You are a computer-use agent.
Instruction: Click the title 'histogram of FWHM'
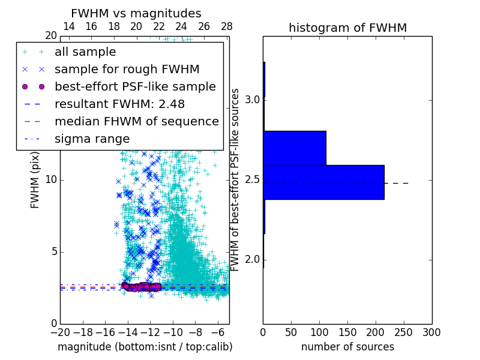347,28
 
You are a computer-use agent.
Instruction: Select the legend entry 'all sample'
85,52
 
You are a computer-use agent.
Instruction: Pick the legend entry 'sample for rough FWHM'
127,70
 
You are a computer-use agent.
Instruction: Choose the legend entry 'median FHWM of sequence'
136,122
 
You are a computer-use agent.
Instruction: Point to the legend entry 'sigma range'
92,139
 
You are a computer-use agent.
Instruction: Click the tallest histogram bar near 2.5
323,182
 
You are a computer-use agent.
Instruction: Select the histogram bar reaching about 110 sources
295,148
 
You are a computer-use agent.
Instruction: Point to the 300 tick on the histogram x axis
431,332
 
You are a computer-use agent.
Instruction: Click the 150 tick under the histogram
347,332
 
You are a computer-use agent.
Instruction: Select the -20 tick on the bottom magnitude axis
60,332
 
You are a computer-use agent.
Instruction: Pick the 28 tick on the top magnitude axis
227,26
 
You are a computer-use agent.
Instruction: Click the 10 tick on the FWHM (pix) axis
51,180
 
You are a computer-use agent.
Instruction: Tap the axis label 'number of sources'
347,347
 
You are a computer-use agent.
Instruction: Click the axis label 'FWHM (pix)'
35,180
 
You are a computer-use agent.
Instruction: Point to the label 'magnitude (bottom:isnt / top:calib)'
145,347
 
